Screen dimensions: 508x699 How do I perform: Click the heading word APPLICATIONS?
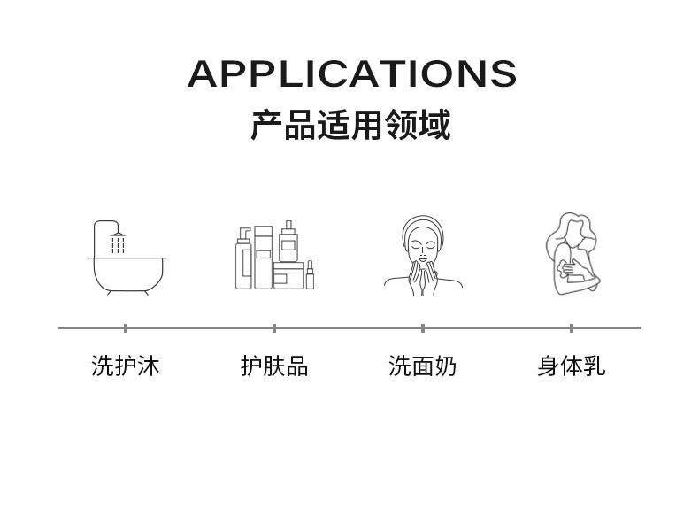pyautogui.click(x=351, y=74)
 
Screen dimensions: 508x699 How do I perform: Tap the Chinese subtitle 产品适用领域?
pyautogui.click(x=350, y=125)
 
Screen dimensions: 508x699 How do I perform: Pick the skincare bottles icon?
pyautogui.click(x=274, y=256)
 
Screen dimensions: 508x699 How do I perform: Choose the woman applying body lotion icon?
pyautogui.click(x=570, y=255)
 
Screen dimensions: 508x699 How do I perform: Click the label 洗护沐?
pyautogui.click(x=126, y=366)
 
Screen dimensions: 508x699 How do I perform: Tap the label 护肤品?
pyautogui.click(x=274, y=366)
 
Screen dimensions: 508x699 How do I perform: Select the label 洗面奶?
pyautogui.click(x=423, y=366)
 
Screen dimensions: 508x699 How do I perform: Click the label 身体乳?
pyautogui.click(x=572, y=366)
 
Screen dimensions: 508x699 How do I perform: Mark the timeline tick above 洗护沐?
pyautogui.click(x=126, y=328)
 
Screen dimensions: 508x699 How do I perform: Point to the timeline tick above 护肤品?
pyautogui.click(x=274, y=328)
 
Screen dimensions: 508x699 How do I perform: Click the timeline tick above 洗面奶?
pyautogui.click(x=423, y=328)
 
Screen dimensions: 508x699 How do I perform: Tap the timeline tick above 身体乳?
pyautogui.click(x=572, y=328)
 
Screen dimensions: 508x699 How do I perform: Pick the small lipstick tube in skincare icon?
pyautogui.click(x=310, y=275)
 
